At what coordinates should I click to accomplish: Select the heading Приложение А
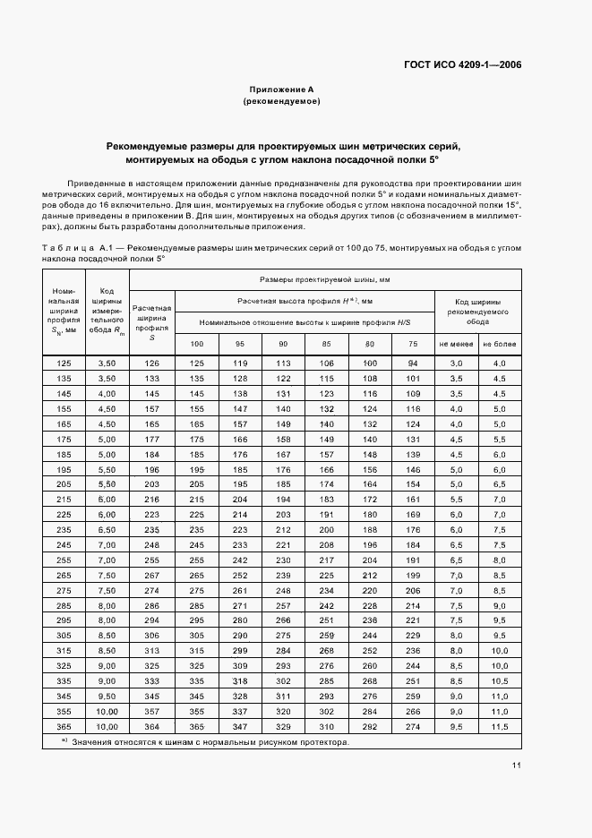coord(281,90)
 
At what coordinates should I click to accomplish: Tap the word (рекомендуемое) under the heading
coord(281,102)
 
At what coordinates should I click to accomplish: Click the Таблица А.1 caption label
coord(75,246)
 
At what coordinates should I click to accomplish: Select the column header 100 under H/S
coord(196,344)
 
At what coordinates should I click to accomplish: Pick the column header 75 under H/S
coord(412,344)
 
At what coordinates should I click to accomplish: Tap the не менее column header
coord(456,344)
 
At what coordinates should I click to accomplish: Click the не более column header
coord(500,344)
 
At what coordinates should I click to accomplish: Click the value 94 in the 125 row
coord(412,363)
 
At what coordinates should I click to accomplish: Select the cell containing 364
coord(151,727)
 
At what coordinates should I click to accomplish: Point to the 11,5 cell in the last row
coord(500,727)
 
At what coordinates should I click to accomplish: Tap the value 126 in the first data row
coord(151,363)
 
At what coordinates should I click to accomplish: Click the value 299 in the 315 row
coord(239,650)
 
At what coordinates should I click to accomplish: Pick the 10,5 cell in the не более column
coord(500,681)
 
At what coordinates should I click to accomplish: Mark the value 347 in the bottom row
coord(239,727)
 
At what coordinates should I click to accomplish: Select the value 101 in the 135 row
coord(412,379)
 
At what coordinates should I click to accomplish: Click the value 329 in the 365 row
coord(283,727)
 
